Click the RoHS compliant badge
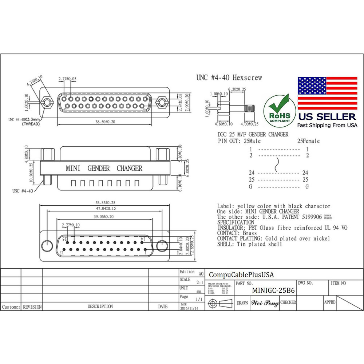click(x=279, y=109)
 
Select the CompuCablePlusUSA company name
click(x=241, y=275)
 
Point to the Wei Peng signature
click(x=265, y=303)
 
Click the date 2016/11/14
click(x=189, y=308)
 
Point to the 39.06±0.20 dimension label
click(x=103, y=217)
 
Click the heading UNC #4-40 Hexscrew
click(x=229, y=78)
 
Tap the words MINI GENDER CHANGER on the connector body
click(x=104, y=169)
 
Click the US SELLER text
click(x=327, y=117)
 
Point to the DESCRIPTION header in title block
click(x=100, y=307)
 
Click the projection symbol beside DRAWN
click(x=220, y=303)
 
